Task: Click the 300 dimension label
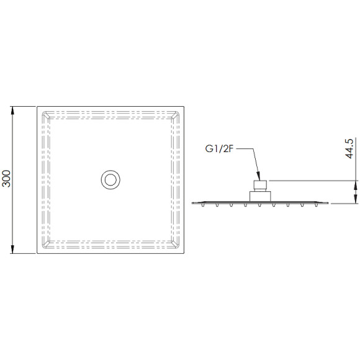point(6,178)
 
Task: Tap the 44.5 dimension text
point(349,148)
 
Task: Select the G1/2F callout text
point(219,149)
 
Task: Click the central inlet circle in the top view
point(110,180)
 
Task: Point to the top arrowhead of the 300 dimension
point(12,111)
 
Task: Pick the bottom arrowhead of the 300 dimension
point(12,249)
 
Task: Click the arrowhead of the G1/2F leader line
point(258,176)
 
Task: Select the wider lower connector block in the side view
point(260,197)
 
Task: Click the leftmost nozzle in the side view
point(203,205)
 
